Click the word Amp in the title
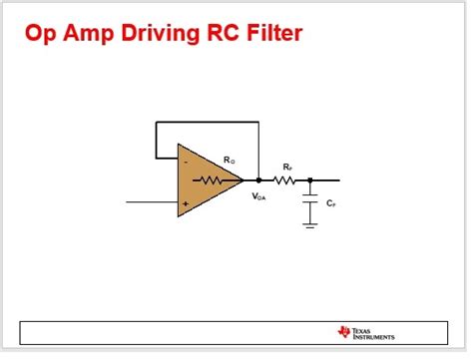pos(90,35)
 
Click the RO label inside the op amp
pos(229,160)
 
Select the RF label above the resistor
pos(287,167)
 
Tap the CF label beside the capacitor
pos(330,202)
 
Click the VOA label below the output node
pos(258,197)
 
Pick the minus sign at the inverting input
pos(185,161)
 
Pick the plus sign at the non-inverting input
pos(185,202)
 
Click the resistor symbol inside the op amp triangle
pos(212,180)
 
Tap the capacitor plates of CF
pos(310,202)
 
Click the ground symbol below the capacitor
pos(310,225)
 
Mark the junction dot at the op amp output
pos(258,180)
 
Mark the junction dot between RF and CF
pos(310,180)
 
